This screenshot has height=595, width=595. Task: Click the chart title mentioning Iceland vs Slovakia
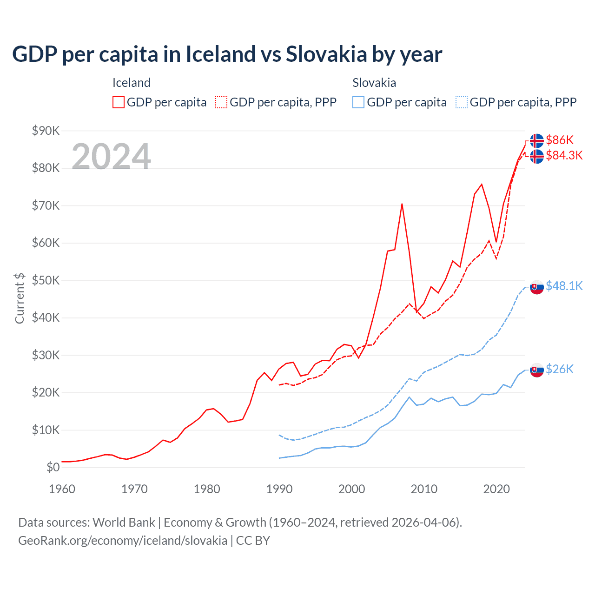pyautogui.click(x=227, y=54)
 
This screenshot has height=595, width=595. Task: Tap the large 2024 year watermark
pyautogui.click(x=111, y=157)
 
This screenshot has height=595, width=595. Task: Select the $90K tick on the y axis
pyautogui.click(x=46, y=131)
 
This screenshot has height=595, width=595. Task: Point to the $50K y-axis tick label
pyautogui.click(x=46, y=280)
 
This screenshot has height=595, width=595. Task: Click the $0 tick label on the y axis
pyautogui.click(x=53, y=467)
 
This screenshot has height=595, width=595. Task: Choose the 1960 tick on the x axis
pyautogui.click(x=62, y=489)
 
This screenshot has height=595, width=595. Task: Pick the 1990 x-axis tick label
pyautogui.click(x=279, y=489)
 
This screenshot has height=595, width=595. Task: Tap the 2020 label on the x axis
pyautogui.click(x=496, y=489)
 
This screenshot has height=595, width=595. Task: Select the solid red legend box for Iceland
pyautogui.click(x=119, y=102)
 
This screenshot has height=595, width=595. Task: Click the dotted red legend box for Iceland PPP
pyautogui.click(x=221, y=102)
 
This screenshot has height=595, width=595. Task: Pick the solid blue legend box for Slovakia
pyautogui.click(x=358, y=102)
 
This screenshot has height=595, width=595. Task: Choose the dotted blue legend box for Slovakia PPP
pyautogui.click(x=462, y=102)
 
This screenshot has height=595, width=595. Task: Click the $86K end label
pyautogui.click(x=560, y=140)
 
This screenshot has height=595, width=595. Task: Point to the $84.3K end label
pyautogui.click(x=564, y=155)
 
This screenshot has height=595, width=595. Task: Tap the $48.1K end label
pyautogui.click(x=564, y=286)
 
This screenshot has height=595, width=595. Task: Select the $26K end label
pyautogui.click(x=560, y=369)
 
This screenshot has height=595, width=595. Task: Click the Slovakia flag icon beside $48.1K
pyautogui.click(x=537, y=287)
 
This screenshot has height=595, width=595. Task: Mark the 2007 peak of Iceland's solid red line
pyautogui.click(x=402, y=204)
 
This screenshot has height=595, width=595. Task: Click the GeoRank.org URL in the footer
pyautogui.click(x=123, y=541)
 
